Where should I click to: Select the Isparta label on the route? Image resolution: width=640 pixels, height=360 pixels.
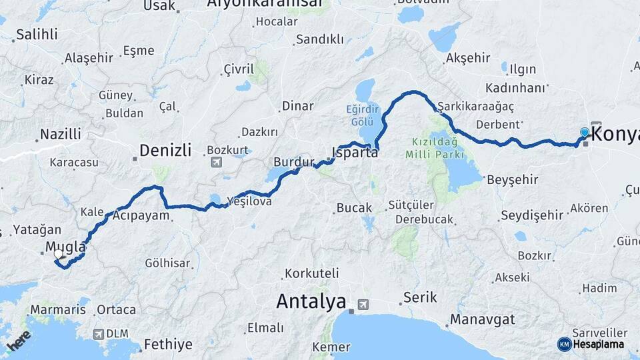point(355,152)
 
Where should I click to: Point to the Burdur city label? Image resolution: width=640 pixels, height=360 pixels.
point(293,162)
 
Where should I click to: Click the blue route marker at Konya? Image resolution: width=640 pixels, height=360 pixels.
point(585,133)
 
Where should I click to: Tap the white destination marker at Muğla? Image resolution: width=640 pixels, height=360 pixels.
point(58,254)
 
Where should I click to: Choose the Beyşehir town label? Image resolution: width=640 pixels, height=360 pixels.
point(512,179)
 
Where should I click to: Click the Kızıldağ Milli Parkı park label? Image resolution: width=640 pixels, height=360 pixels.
point(434,148)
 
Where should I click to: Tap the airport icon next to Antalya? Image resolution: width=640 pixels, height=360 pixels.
point(363,304)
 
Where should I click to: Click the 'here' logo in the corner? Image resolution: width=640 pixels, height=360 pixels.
point(18,342)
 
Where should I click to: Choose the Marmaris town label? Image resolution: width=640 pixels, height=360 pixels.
point(58,310)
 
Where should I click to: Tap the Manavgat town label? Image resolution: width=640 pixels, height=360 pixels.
point(483,319)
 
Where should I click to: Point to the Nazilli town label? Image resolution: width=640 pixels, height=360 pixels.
point(60,134)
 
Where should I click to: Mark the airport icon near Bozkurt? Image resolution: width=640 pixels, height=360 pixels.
point(216,162)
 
